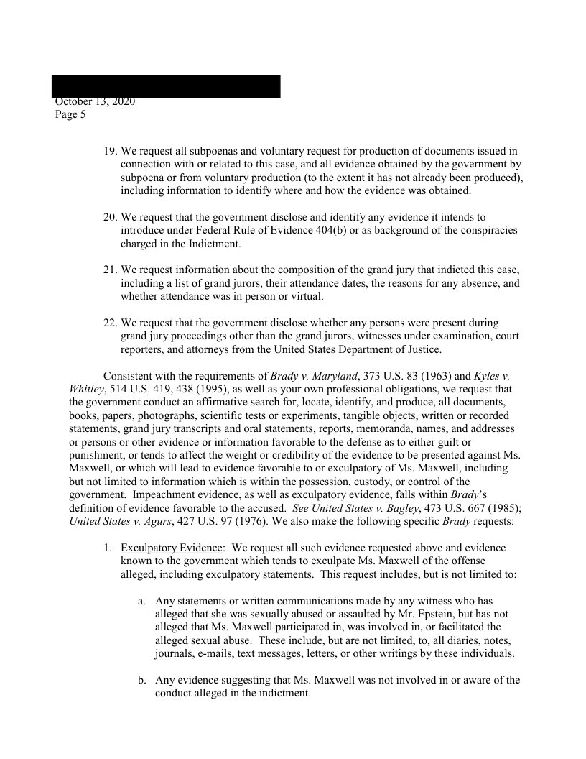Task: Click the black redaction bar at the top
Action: click(x=166, y=86)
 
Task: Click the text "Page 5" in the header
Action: click(x=70, y=114)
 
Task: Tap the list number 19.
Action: click(x=110, y=152)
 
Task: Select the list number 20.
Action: click(x=110, y=217)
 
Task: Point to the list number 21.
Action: click(x=110, y=270)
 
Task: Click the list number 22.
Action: click(x=110, y=323)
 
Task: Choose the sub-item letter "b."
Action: click(x=142, y=680)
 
